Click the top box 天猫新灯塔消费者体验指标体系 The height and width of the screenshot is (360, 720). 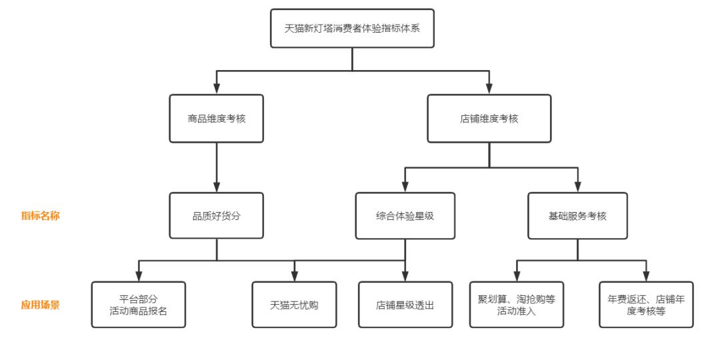[352, 29]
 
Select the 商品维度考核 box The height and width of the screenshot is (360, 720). [216, 119]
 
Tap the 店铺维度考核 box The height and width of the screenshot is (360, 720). [489, 119]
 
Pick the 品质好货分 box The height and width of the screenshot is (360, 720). [216, 216]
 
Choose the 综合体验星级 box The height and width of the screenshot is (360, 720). [405, 216]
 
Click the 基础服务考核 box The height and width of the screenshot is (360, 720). [577, 216]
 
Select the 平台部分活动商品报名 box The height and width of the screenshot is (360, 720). [139, 305]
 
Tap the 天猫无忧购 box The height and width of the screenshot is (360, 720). [294, 305]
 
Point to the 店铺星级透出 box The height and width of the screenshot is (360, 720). [405, 305]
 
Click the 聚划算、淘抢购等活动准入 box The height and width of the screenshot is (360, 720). [516, 305]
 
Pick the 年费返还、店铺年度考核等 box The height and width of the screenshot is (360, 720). [645, 305]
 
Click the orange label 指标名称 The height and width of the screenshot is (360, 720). [40, 216]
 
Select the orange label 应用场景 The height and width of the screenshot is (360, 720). [40, 305]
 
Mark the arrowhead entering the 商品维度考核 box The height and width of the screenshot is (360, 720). [216, 89]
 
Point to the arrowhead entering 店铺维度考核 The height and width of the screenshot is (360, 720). [489, 89]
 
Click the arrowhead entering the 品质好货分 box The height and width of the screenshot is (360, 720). [216, 187]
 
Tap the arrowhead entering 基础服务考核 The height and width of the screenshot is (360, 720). [577, 187]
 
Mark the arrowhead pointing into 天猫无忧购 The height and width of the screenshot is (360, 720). [294, 276]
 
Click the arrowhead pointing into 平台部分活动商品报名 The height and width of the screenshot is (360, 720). [139, 276]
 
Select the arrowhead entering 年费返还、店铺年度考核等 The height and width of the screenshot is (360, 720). [645, 276]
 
